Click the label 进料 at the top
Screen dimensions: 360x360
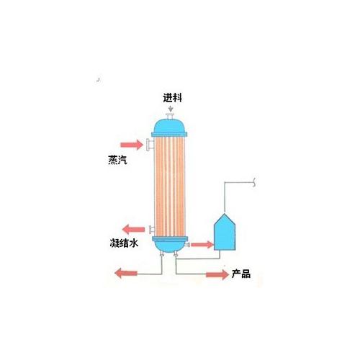coord(172,98)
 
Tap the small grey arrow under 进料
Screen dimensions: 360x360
coord(171,108)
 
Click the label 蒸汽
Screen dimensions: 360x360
coord(117,160)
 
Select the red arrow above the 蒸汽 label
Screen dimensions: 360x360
coord(132,145)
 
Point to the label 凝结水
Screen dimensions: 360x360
coord(124,243)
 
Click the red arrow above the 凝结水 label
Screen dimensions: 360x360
coord(133,230)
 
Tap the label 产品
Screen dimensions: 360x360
coord(241,274)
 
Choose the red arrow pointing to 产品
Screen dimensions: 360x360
coord(217,274)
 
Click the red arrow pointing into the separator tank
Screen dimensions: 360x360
coord(202,245)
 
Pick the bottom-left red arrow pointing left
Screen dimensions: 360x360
coord(126,274)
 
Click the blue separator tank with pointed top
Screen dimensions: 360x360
coord(225,232)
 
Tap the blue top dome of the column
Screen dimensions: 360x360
coord(169,126)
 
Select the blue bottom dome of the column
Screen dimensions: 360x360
coord(169,246)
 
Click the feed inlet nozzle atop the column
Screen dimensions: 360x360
coord(170,117)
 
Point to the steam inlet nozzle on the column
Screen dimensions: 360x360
coord(150,145)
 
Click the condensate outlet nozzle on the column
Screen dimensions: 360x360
coord(152,230)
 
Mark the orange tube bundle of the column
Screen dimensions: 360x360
coord(170,186)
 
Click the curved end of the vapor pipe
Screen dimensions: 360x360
coord(254,182)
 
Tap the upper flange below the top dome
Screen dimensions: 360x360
coord(169,135)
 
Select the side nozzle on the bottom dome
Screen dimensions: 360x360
coord(187,245)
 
